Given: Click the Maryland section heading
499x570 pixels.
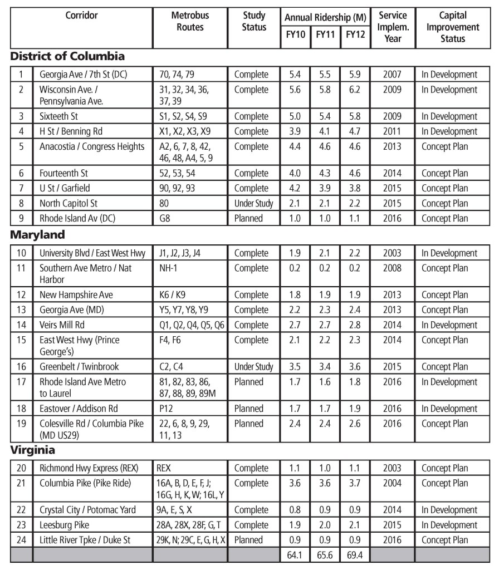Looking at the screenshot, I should pos(38,235).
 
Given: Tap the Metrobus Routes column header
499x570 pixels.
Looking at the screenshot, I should pos(187,21).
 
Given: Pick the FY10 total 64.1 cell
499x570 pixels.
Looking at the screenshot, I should pos(296,555).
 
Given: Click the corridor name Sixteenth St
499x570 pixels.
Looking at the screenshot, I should pos(63,116).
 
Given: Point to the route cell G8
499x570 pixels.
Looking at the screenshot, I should pos(165,218).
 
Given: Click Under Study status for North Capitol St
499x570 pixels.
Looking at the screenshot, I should pos(253,203).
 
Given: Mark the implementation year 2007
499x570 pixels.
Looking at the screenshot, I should pos(393,74).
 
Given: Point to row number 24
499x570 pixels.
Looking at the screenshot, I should pos(21,540).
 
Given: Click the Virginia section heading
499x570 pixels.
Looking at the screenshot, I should pos(32,450).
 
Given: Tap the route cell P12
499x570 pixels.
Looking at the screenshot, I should pos(167,409).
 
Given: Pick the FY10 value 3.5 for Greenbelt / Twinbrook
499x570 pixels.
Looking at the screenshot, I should pos(296,366).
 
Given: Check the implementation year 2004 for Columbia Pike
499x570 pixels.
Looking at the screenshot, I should pos(393,483).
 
